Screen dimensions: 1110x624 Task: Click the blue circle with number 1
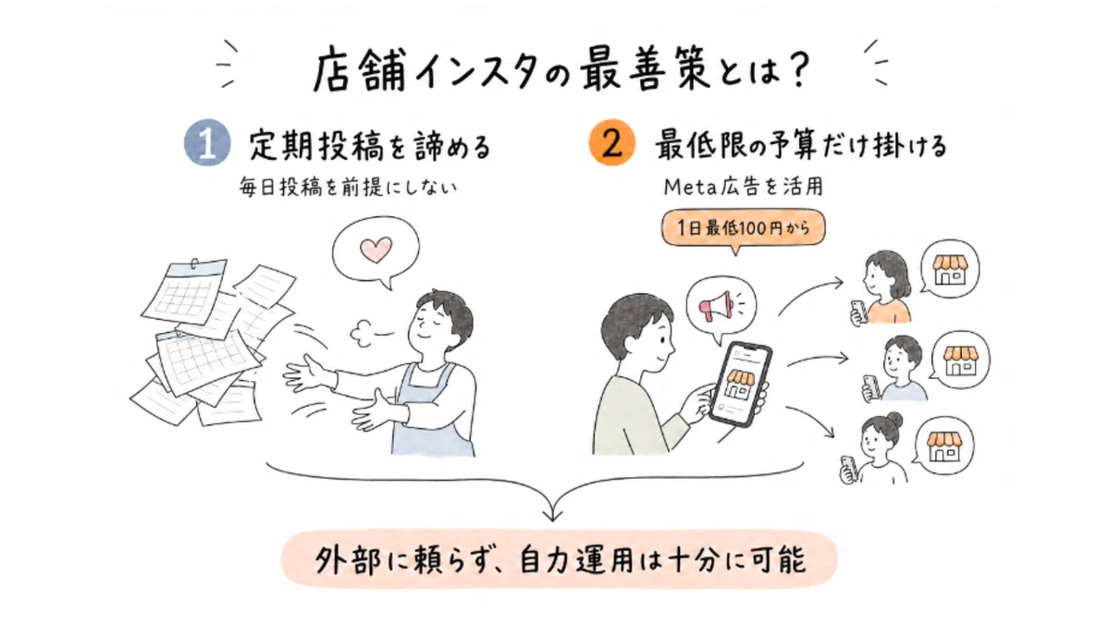pos(207,142)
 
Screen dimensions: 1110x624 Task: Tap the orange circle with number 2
pos(612,142)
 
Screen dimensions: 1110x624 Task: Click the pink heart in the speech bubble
pos(376,251)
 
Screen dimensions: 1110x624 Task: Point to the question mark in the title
pos(796,69)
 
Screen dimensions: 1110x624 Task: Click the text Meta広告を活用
pos(744,187)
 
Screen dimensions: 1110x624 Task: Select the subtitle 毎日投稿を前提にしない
pos(348,188)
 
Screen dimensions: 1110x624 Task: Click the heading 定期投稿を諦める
pos(370,146)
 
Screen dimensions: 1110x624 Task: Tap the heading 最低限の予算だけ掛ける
pos(801,146)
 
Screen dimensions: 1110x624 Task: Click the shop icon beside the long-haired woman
pos(950,270)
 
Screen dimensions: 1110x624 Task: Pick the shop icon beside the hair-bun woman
pos(944,447)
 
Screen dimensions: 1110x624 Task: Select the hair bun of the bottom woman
pos(894,420)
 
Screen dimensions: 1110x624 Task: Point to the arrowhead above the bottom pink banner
pos(552,515)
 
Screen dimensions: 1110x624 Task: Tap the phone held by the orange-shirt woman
pos(858,311)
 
